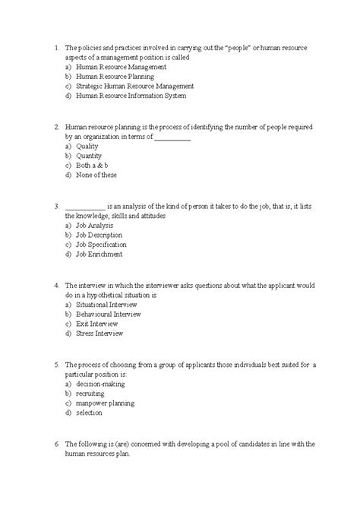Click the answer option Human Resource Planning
115,77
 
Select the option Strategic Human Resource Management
135,87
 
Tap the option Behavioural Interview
114,314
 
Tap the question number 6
58,444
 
